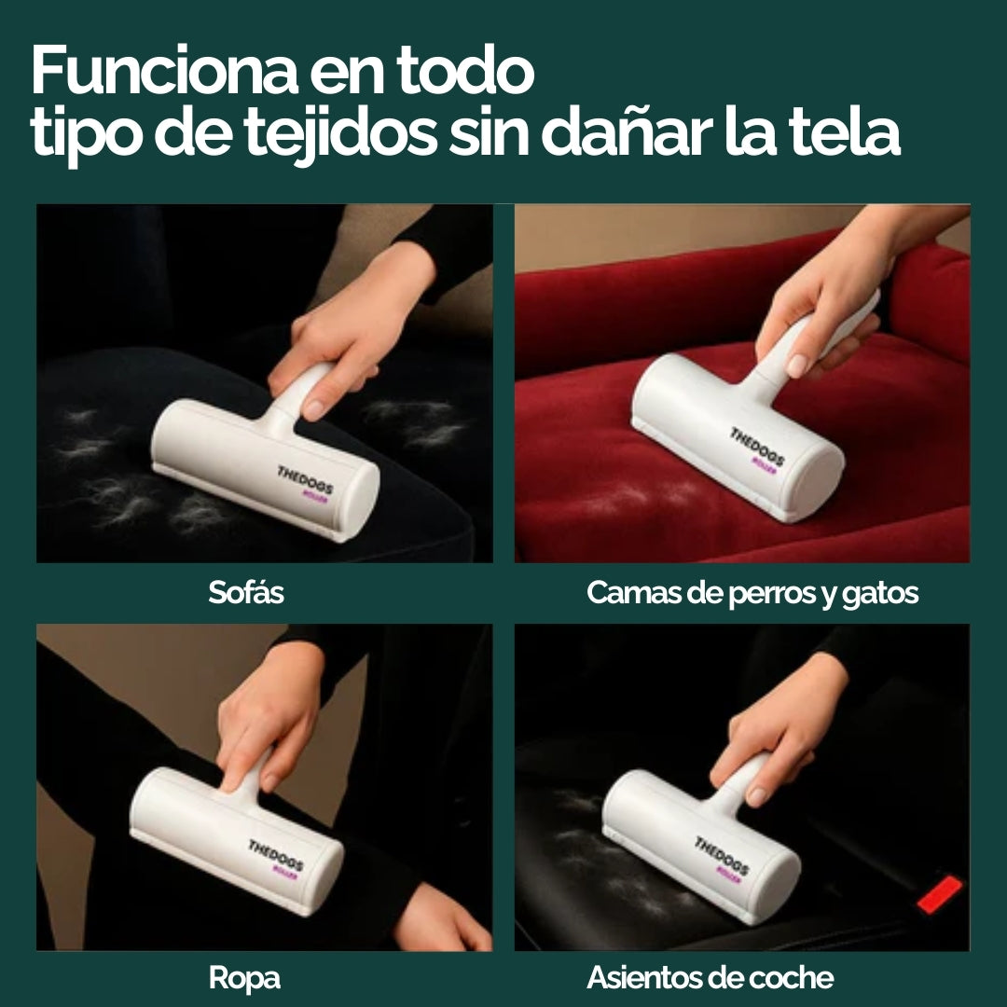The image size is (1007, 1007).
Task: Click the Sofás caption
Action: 246,593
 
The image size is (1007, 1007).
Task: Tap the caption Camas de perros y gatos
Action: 752,593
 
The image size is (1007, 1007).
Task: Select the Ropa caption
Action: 244,978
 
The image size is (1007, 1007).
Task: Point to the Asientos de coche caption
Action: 710,978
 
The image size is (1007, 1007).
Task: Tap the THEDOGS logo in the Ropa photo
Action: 276,856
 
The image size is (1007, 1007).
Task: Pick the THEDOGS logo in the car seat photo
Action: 722,854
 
